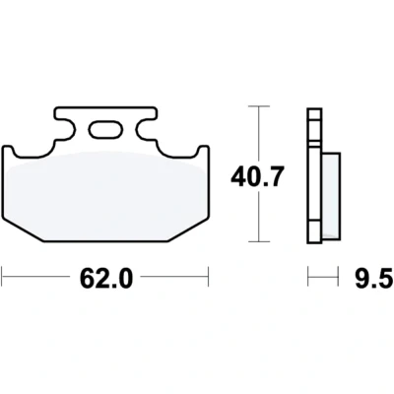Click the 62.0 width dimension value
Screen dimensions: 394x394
(106, 278)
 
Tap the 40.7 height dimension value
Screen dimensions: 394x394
(257, 177)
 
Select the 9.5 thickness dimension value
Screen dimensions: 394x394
(374, 278)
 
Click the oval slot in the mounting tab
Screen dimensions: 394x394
(105, 130)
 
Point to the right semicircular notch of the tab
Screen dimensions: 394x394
(146, 130)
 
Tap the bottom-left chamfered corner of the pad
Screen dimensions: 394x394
(23, 230)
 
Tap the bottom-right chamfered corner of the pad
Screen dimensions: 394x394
(188, 230)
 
